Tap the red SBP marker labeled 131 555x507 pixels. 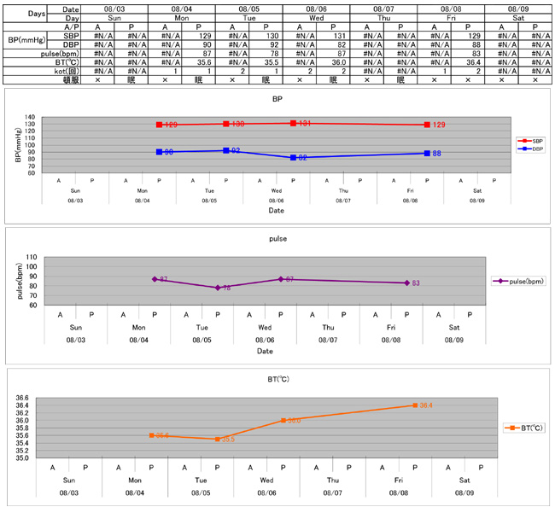(x=294, y=124)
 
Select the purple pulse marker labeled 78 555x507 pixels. (x=218, y=288)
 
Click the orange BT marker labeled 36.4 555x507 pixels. (x=415, y=405)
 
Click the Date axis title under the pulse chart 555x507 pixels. (x=265, y=351)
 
